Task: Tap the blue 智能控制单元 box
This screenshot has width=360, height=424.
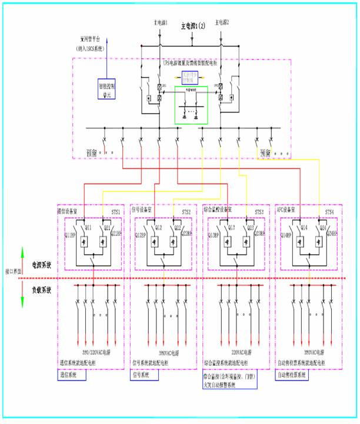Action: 108,88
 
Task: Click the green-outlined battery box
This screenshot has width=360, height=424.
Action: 191,106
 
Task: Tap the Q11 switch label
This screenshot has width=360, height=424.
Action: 89,227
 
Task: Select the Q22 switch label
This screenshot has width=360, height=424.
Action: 178,227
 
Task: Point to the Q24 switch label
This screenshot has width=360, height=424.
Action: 321,227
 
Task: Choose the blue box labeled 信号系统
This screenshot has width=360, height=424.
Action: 140,374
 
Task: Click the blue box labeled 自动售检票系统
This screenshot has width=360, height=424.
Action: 293,374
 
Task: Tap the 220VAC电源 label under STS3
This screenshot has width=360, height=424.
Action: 234,351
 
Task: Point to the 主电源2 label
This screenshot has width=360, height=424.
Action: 222,22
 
